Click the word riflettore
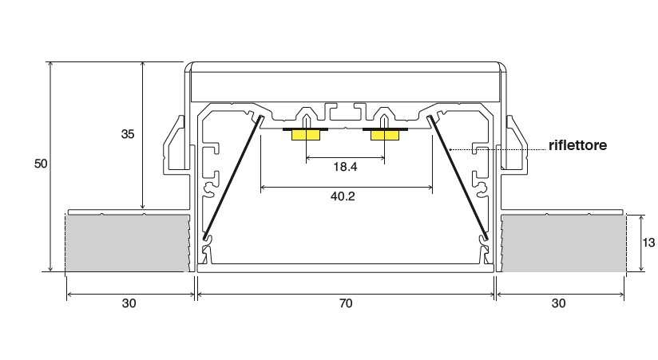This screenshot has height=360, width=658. [x=577, y=145]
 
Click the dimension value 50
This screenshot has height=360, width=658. [x=41, y=164]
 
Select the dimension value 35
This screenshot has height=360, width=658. [x=128, y=134]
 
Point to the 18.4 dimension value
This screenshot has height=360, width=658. [x=345, y=167]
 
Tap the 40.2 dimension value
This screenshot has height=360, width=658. [x=343, y=196]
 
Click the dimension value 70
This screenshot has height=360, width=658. [x=346, y=303]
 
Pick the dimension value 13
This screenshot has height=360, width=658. [x=648, y=243]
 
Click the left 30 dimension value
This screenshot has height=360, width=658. [x=129, y=303]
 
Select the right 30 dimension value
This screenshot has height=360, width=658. [x=558, y=303]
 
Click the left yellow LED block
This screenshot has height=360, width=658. [x=306, y=135]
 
